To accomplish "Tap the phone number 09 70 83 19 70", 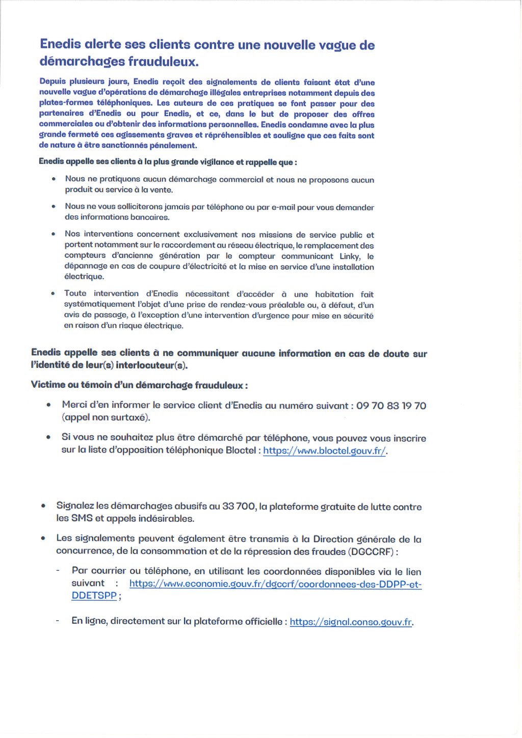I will [391, 406].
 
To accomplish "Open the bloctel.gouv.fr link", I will [324, 451].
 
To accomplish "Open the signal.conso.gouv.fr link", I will [351, 622].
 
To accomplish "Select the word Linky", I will [350, 256].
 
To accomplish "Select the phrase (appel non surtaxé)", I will [106, 417].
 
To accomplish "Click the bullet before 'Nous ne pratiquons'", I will [54, 179].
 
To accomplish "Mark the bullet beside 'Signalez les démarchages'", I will [44, 506].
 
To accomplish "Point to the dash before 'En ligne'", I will [58, 621].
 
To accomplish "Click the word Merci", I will [75, 405].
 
